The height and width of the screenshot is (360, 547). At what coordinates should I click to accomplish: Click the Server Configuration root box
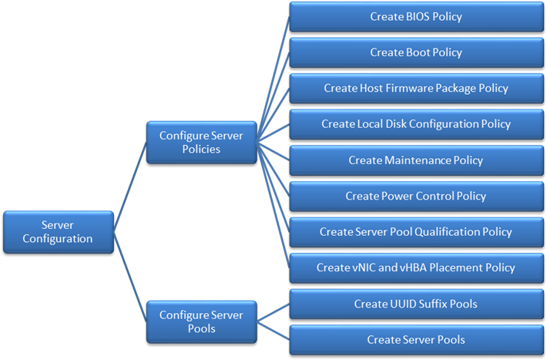[58, 231]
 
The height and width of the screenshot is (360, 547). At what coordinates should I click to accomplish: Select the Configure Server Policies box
[201, 143]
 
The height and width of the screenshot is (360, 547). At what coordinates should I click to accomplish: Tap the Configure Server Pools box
[201, 321]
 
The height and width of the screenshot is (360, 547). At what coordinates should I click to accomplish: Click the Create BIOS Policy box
[416, 17]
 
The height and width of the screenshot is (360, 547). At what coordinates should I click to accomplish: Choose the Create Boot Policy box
[416, 52]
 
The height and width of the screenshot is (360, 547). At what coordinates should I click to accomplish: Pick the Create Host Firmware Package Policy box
[416, 88]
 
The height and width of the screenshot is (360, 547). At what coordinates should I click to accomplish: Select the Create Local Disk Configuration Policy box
[416, 124]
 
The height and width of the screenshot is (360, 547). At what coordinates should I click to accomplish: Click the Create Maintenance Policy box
[416, 160]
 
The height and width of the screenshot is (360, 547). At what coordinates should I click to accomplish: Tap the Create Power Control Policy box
[416, 196]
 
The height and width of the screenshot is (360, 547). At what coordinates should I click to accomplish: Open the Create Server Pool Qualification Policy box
[416, 232]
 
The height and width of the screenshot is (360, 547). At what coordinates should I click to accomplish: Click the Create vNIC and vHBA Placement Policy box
[416, 267]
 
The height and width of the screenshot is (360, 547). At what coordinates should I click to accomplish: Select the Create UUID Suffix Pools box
[416, 304]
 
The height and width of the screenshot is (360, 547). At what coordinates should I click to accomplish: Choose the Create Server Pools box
[416, 339]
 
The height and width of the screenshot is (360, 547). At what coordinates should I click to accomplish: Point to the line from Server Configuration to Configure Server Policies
[130, 185]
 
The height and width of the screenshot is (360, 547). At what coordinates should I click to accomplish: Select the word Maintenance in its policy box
[417, 160]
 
